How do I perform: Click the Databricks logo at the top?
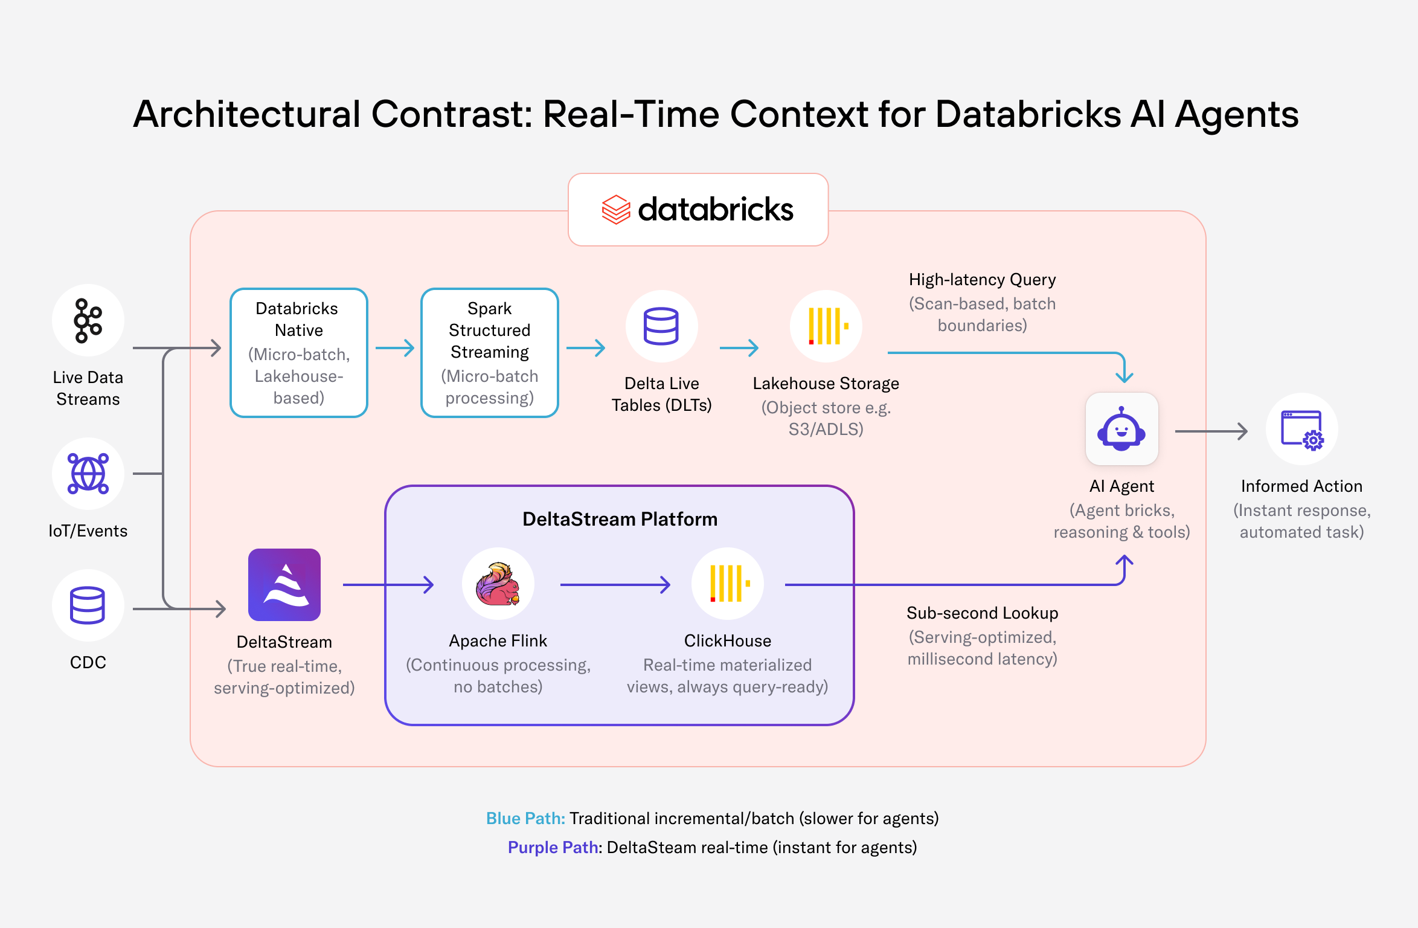pos(698,210)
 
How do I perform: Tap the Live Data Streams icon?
pos(88,320)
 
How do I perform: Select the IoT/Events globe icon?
pos(88,474)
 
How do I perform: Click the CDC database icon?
pos(88,605)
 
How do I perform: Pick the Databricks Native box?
pos(299,353)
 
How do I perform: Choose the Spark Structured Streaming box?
pos(490,353)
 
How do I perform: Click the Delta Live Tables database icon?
pos(662,326)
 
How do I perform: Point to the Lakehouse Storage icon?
pos(826,326)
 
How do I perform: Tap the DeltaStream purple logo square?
pos(284,585)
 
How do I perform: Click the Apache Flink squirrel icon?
pos(498,584)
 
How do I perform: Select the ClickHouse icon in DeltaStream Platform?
pos(728,584)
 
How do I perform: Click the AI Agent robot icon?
pos(1122,429)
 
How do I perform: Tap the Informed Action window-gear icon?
pos(1302,429)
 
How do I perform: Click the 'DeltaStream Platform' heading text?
pos(620,519)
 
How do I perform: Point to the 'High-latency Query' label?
pos(983,280)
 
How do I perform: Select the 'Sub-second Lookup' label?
pos(983,613)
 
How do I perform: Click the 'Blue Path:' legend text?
pos(525,819)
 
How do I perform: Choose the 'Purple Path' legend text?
pos(553,848)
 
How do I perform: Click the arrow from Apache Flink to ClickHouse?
pos(615,585)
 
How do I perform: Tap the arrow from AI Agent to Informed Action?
pos(1211,431)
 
